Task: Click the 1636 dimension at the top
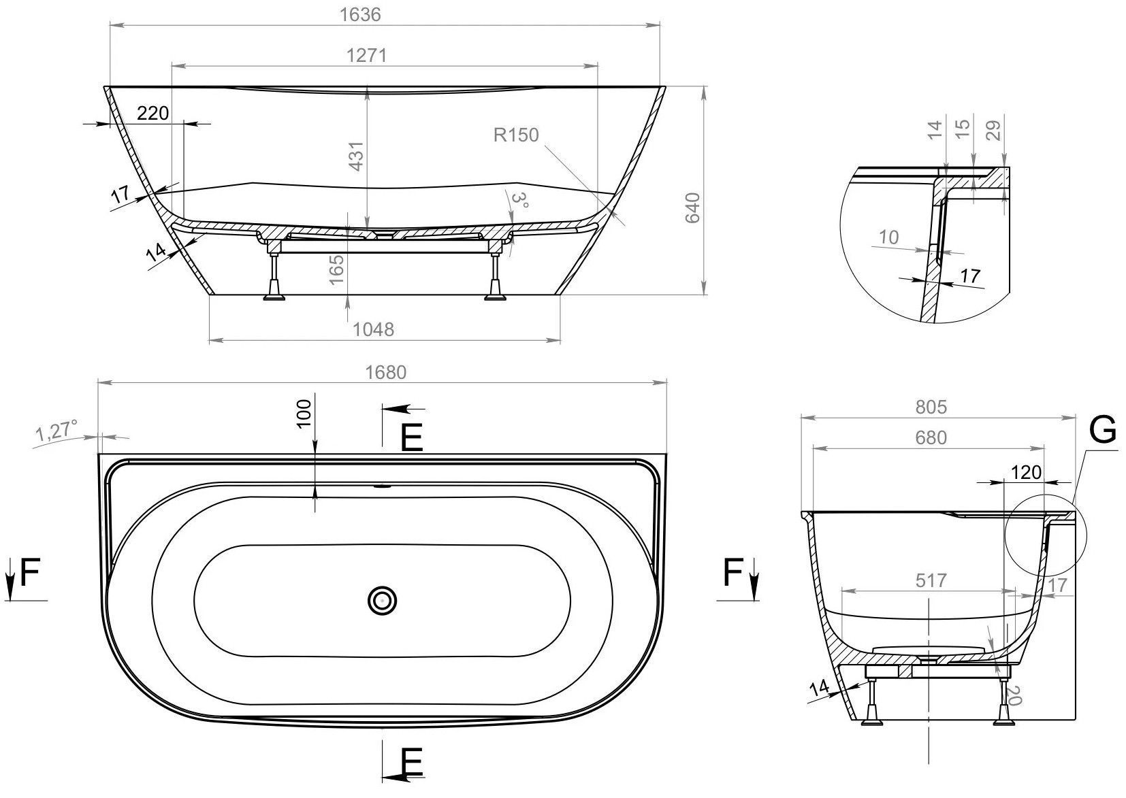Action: click(360, 14)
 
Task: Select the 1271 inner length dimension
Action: click(366, 55)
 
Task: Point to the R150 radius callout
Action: click(516, 135)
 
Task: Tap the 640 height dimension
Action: click(693, 207)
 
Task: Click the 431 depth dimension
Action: click(356, 156)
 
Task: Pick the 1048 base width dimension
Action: click(373, 329)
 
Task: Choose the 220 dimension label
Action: click(152, 113)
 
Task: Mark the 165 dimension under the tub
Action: click(336, 269)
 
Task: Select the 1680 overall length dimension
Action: click(385, 372)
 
